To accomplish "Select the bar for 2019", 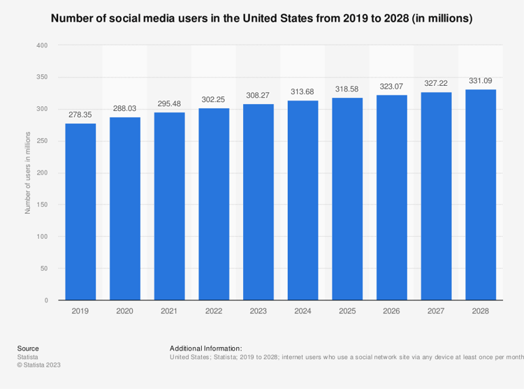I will [x=80, y=212].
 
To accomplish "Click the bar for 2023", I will [x=259, y=202].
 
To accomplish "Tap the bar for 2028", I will [x=481, y=195].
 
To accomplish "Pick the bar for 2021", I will [x=169, y=206].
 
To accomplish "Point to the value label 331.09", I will [x=481, y=80].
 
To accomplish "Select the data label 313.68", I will [x=303, y=91].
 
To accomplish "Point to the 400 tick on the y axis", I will [x=42, y=45].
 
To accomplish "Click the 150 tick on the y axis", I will [x=42, y=205].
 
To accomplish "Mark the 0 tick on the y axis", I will [x=45, y=300].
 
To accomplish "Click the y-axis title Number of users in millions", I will [x=28, y=172].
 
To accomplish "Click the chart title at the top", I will [x=262, y=19].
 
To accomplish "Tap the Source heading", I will [x=28, y=348].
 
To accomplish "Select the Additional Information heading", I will [x=205, y=348].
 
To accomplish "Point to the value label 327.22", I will [x=436, y=83].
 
